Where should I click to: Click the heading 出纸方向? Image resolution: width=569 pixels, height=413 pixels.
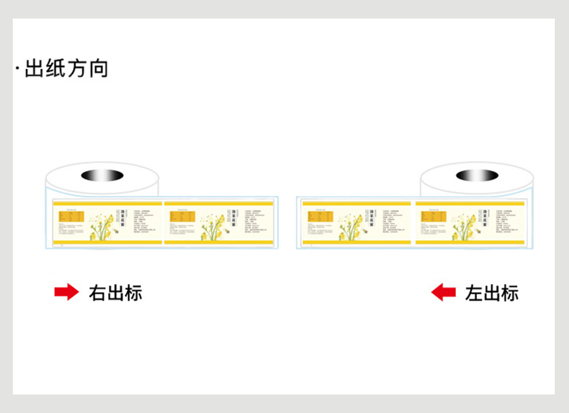[66, 69]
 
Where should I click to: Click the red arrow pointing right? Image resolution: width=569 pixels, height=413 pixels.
[66, 292]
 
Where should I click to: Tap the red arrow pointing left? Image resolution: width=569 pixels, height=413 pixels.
[444, 292]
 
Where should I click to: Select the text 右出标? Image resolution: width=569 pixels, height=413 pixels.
[115, 293]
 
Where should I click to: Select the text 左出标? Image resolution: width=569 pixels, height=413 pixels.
[491, 293]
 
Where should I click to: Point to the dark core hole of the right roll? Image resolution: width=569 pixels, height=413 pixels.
[477, 175]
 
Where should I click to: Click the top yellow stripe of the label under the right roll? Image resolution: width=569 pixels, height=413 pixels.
[470, 204]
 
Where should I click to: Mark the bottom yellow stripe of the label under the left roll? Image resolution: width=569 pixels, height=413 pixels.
[107, 241]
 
